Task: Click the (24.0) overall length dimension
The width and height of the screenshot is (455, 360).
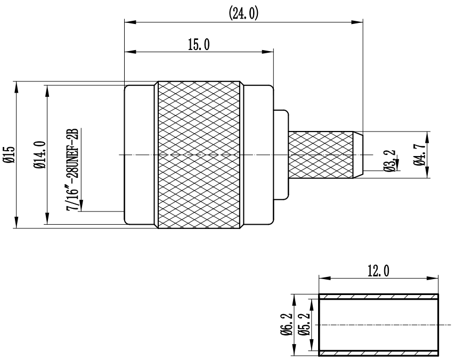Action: click(244, 13)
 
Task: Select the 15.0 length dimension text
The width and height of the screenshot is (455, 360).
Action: click(198, 45)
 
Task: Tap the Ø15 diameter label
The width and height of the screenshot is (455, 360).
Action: click(7, 154)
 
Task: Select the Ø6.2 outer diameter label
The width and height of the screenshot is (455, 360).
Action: click(288, 324)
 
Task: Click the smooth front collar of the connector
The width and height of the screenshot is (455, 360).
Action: click(139, 155)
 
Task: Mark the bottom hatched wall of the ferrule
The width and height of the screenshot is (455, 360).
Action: click(378, 352)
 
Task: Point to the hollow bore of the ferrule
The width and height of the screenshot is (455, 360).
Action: click(378, 324)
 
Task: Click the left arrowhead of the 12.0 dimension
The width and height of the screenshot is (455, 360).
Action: click(322, 277)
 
